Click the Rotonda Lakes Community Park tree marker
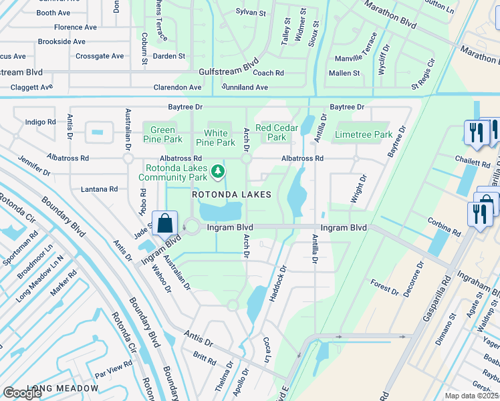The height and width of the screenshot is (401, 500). [217, 172]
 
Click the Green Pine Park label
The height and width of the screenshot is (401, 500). [163, 134]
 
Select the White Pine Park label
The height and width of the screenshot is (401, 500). [215, 138]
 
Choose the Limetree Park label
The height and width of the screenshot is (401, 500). [364, 134]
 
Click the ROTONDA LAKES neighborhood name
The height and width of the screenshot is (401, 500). [232, 194]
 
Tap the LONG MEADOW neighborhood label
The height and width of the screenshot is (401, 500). [63, 388]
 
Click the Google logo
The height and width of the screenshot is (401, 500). [23, 393]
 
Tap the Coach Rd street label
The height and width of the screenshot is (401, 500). [268, 73]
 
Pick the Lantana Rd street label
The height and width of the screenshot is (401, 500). [99, 189]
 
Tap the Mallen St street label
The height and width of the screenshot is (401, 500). [344, 73]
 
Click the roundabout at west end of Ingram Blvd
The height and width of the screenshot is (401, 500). [193, 227]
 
